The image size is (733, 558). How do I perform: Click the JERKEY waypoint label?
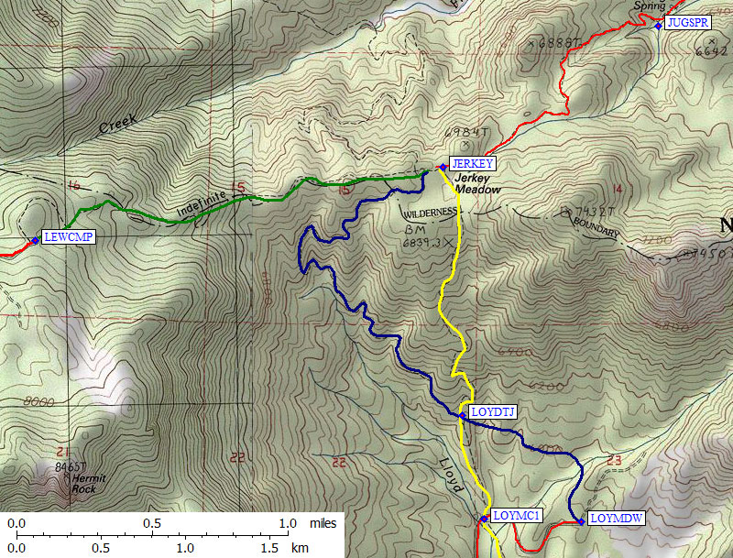coord(472,164)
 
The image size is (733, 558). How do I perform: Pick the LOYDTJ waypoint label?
coord(492,412)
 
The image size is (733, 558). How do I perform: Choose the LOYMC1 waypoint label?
coord(518,516)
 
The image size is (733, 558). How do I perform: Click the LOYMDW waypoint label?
coord(617,519)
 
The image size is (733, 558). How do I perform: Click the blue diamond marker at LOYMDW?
coord(581,522)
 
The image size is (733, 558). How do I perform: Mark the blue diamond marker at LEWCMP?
coord(35,240)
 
